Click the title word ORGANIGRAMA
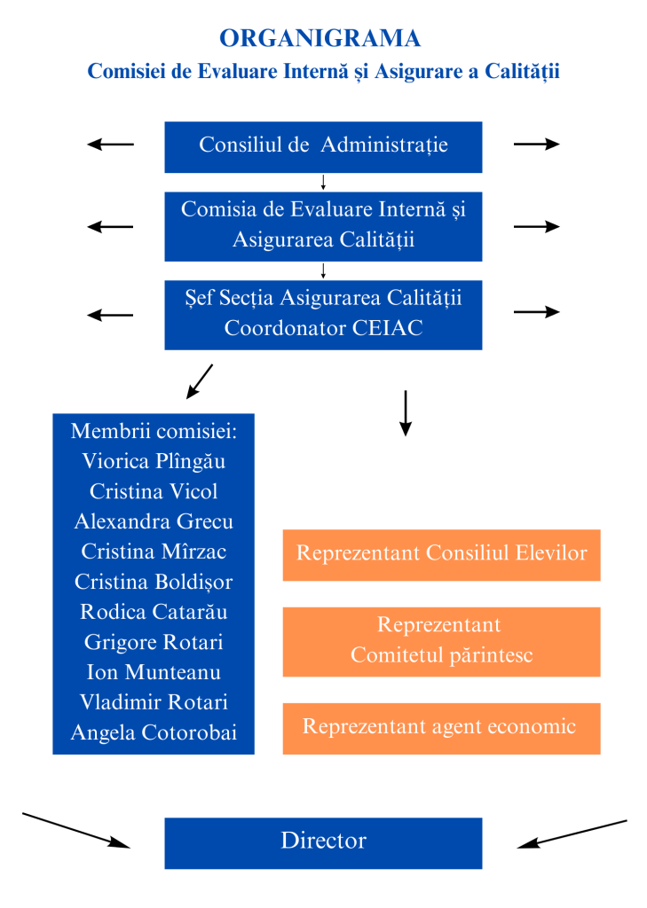[320, 38]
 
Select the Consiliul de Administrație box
[323, 146]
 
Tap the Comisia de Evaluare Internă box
[323, 225]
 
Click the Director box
[323, 842]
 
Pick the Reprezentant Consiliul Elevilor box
[441, 554]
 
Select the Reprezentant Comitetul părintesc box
[441, 641]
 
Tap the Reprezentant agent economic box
[441, 728]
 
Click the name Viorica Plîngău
[154, 461]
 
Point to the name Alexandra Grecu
[154, 521]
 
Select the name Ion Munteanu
[154, 672]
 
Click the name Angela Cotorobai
[154, 733]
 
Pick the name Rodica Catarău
[154, 612]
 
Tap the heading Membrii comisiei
[154, 431]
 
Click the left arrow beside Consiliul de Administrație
[110, 145]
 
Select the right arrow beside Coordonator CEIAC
[536, 311]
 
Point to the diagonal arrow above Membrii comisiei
[200, 380]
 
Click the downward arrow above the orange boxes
[406, 412]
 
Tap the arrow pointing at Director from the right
[572, 834]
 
